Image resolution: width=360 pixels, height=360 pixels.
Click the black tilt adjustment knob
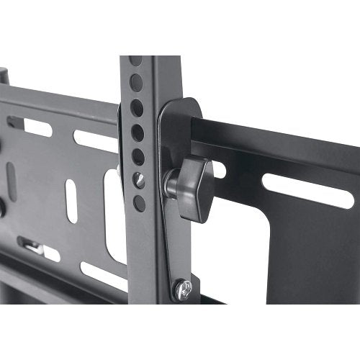coord(194,189)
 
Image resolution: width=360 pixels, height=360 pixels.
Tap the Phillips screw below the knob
coord(182,290)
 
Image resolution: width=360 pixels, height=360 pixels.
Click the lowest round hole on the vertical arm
coord(140,204)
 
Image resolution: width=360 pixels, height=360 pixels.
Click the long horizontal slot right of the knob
coord(307,190)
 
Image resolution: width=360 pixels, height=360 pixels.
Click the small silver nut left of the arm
coord(120,171)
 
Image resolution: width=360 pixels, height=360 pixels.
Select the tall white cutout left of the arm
coord(115,216)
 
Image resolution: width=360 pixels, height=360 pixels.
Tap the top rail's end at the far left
coord(4,76)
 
